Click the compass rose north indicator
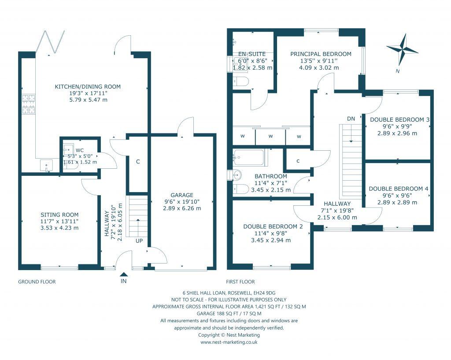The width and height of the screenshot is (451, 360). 402,49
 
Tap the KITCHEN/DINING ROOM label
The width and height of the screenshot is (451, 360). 87,86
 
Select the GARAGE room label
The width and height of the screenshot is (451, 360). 182,195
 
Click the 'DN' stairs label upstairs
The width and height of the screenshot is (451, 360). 351,119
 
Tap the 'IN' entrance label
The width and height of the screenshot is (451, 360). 124,281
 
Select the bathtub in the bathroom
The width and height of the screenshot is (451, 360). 249,157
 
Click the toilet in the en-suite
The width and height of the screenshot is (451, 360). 241,82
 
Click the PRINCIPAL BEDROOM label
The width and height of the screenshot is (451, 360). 321,54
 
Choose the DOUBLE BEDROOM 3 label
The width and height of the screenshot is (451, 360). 399,119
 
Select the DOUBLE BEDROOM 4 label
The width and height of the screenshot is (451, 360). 398,189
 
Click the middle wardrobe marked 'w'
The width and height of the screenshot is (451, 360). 270,136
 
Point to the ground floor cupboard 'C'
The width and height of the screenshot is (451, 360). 138,162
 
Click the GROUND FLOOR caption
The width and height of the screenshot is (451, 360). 37,282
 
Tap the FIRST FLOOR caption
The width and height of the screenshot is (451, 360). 240,282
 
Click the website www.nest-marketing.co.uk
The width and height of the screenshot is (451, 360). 229,342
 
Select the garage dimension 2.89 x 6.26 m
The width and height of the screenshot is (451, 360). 182,208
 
